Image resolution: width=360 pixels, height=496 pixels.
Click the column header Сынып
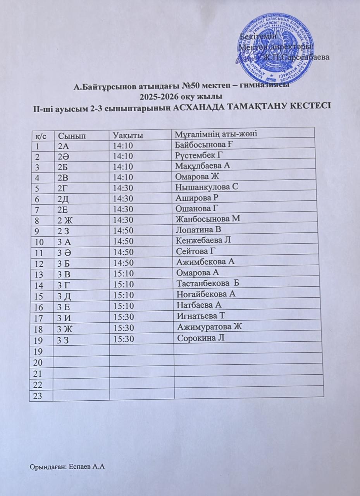click(72, 135)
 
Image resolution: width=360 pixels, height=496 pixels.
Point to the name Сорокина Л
click(201, 338)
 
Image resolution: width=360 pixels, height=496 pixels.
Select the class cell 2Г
click(63, 188)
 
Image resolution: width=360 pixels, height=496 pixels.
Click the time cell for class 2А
click(123, 146)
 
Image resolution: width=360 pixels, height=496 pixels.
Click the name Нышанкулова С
click(206, 187)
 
